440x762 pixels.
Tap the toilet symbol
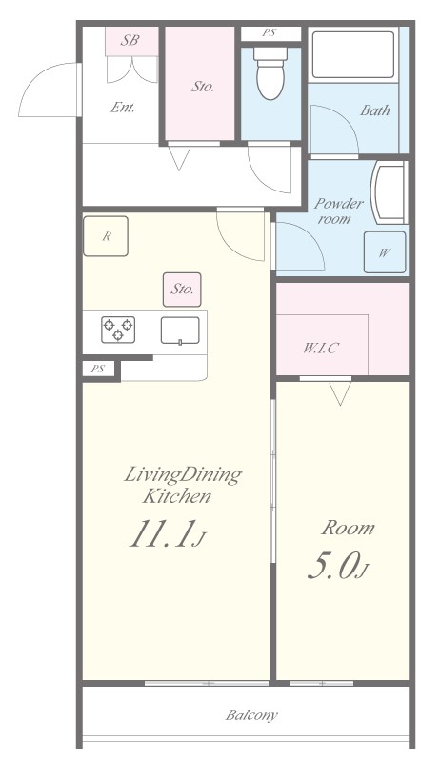270,73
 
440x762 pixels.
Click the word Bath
374,110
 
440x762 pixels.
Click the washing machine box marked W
384,252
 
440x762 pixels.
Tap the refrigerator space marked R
107,237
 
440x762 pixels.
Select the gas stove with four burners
119,330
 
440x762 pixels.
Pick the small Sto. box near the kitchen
182,288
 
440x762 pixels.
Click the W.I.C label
321,348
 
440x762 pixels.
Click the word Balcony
251,714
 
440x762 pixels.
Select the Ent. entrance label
122,107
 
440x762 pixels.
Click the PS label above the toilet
270,33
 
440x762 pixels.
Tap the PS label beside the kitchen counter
97,369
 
